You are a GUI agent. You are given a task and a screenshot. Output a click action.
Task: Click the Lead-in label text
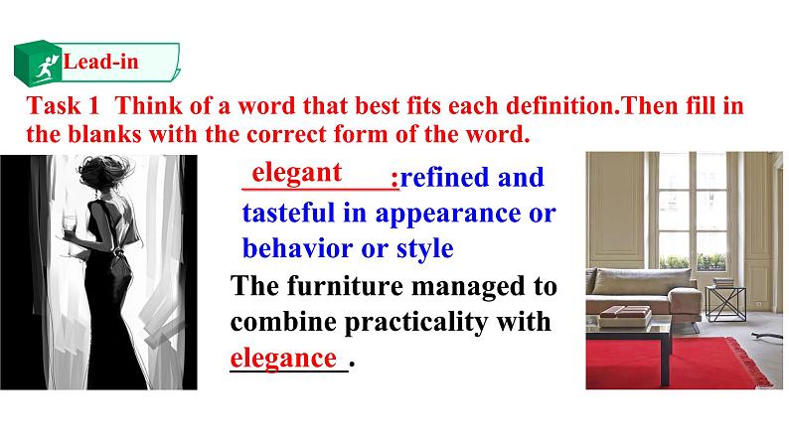coord(100,62)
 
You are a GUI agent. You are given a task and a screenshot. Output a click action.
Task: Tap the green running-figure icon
coord(46,68)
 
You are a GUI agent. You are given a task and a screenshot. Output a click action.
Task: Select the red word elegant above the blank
coord(296,173)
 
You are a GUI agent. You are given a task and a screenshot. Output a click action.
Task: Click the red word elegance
coord(283,359)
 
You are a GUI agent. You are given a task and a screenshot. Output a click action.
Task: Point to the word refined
coord(444,177)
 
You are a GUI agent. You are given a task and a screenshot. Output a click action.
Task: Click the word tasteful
coord(288,213)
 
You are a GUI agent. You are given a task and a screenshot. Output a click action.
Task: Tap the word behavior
coord(297,248)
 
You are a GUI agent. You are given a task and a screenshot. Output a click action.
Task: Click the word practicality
coord(415,322)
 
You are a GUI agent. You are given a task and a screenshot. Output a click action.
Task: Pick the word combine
coord(283,322)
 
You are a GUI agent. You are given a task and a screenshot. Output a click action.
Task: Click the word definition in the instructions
coord(562,105)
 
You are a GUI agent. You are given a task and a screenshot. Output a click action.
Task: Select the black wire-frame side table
coord(725,304)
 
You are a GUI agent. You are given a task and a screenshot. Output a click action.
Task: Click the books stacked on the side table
coord(723,283)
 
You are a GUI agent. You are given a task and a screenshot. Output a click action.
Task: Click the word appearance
coord(448,215)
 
